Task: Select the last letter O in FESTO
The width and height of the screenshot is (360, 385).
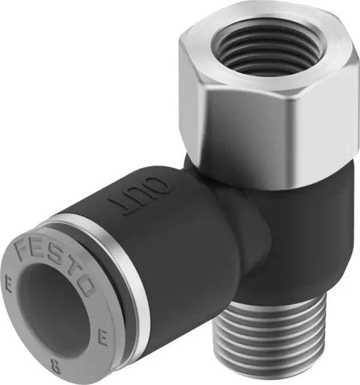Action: point(85,287)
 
